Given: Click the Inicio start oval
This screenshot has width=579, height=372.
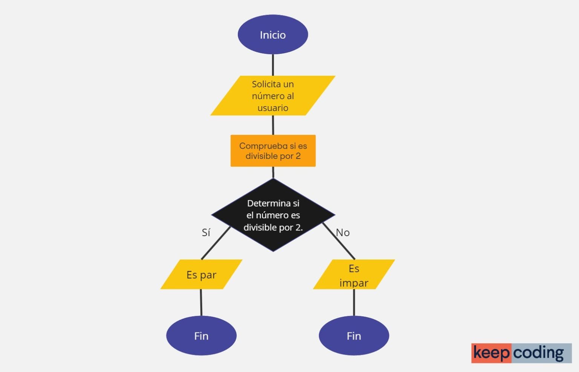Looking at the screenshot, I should click(273, 35).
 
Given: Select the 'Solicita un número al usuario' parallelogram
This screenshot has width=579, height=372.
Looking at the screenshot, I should click(273, 96).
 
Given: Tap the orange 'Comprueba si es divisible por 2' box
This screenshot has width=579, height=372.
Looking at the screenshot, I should click(273, 151).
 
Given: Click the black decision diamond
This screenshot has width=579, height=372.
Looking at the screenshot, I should click(273, 215).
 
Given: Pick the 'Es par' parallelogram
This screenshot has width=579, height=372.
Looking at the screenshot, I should click(201, 274).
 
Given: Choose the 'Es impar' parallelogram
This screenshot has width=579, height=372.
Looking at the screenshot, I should click(354, 275).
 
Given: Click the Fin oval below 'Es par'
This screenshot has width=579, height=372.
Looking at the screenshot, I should click(201, 335).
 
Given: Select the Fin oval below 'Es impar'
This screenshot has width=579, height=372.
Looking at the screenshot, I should click(354, 335).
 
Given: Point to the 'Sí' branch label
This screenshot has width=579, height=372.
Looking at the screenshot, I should click(206, 233).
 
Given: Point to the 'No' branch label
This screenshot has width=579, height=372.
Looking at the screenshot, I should click(343, 233).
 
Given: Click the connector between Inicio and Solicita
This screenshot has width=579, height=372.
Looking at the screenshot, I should click(273, 65).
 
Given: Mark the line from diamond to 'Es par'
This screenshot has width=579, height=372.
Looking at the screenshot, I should click(216, 243).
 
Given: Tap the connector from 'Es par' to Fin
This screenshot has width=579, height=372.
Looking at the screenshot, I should click(201, 302).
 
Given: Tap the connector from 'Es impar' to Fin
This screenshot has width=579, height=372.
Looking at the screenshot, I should click(354, 302).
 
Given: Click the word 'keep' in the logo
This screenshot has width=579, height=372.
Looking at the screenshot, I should click(491, 353).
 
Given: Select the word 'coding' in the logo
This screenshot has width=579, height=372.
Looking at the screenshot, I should click(539, 353).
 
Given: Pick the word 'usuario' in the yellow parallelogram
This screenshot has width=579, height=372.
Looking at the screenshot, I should click(273, 108).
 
